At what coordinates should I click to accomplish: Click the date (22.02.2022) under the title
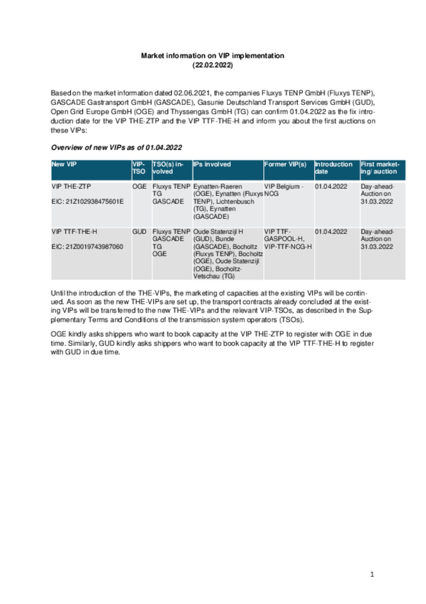point(212,65)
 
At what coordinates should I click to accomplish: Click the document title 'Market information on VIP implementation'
point(212,56)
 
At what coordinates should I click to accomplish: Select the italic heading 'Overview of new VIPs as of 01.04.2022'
point(116,148)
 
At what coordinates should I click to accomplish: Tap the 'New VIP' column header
point(64,164)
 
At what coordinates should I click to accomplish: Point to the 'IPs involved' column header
point(212,164)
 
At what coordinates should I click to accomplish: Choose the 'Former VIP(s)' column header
point(285,164)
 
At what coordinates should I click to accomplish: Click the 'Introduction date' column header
point(333,168)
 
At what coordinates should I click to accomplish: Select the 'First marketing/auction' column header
point(380,168)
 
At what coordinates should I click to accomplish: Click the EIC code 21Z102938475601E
point(88,202)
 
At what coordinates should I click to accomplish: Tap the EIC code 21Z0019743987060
point(87,247)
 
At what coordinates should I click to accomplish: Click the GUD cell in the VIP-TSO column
point(139,231)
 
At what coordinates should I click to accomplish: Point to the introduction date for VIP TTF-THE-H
point(331,231)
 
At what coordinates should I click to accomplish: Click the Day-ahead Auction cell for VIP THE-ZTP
point(377,194)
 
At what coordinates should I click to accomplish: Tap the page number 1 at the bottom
point(372,574)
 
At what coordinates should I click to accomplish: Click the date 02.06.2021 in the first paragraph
point(192,93)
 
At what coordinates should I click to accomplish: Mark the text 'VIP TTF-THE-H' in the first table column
point(74,231)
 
